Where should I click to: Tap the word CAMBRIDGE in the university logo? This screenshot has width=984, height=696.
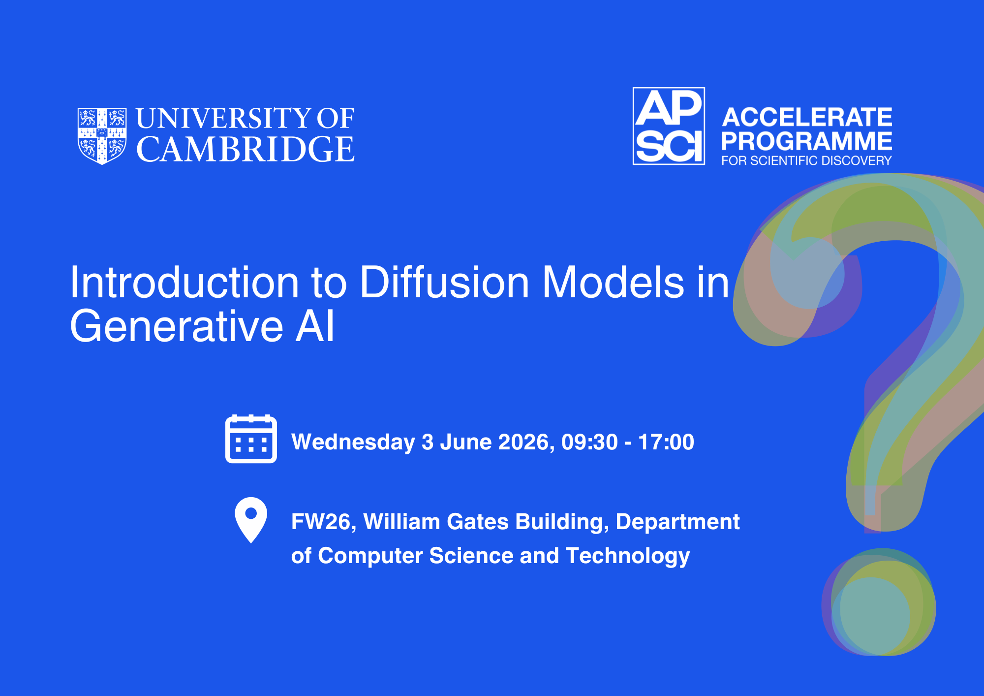tap(246, 149)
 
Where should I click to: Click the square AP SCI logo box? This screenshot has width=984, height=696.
tap(669, 126)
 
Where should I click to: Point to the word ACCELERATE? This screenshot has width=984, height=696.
tap(807, 117)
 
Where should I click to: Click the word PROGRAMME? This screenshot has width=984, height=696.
tap(807, 141)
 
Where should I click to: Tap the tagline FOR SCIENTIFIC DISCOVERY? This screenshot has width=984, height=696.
tap(807, 160)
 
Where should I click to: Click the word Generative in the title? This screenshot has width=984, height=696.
tap(177, 326)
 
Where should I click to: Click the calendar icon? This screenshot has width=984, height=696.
tap(251, 439)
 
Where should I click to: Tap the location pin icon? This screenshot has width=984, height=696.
tap(251, 520)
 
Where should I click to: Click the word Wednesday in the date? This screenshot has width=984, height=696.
tap(353, 442)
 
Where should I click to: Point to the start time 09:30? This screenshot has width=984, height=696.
tap(589, 442)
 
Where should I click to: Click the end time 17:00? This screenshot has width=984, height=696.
tap(666, 442)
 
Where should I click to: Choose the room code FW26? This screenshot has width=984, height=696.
tap(324, 522)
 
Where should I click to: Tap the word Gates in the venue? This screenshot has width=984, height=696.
tap(477, 522)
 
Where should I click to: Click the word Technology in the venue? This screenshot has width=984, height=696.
tap(628, 556)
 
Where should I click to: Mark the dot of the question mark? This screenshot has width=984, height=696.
tap(879, 602)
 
